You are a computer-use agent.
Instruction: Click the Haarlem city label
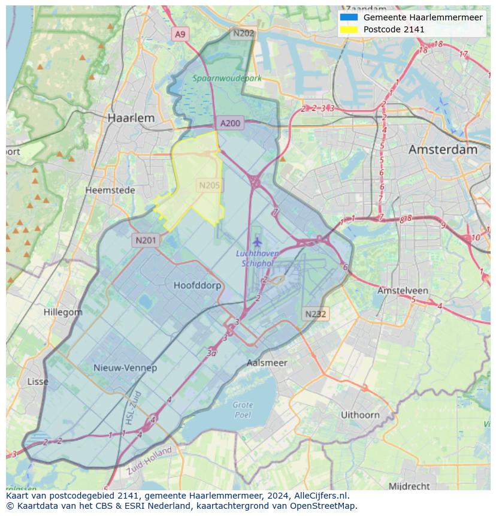131,118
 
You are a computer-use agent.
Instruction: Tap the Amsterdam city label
443,150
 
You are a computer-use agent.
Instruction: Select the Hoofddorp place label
197,285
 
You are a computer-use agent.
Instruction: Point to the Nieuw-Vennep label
125,367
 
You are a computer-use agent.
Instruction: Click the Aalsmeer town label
267,363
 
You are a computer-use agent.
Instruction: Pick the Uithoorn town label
360,415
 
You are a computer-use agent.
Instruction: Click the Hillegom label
63,312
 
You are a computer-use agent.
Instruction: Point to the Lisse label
38,382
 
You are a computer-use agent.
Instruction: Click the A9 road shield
180,34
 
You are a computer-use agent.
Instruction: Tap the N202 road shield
243,33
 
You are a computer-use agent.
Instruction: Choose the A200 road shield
230,123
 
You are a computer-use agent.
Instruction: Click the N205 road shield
209,186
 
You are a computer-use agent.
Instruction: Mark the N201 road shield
146,240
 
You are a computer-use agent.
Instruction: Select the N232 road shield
316,313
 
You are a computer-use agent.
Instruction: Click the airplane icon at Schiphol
258,242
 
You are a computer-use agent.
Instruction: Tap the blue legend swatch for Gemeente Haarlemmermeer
348,17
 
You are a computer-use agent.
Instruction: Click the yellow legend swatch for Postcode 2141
348,29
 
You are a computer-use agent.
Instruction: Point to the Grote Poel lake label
243,410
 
